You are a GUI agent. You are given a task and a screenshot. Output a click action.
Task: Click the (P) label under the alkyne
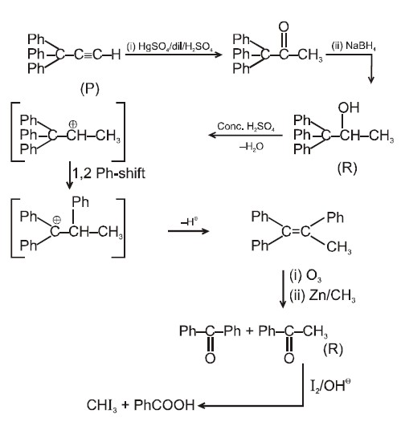90,89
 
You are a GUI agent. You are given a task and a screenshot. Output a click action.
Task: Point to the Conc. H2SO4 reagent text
246,126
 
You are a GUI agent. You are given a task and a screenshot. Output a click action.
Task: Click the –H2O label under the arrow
252,147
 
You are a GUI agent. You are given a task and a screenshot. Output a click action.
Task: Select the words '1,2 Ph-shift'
108,173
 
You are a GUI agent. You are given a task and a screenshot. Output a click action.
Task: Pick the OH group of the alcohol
349,108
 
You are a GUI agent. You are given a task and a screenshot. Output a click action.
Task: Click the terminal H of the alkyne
116,55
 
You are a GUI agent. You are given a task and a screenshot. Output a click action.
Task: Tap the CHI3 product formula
102,405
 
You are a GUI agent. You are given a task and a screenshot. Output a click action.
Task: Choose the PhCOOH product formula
164,405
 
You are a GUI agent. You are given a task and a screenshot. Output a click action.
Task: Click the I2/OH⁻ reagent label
330,385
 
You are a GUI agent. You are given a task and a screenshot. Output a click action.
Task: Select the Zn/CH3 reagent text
332,295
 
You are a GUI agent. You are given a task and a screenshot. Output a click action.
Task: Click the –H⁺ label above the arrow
189,221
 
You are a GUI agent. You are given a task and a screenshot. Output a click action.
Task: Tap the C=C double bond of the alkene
296,231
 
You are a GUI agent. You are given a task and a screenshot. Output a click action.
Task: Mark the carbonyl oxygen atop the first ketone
284,27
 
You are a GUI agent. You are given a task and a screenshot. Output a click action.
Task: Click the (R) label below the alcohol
347,168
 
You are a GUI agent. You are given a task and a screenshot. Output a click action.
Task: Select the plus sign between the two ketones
250,331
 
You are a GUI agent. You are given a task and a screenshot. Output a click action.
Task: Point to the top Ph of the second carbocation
80,202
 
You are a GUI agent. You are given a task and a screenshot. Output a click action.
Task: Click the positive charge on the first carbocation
73,124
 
